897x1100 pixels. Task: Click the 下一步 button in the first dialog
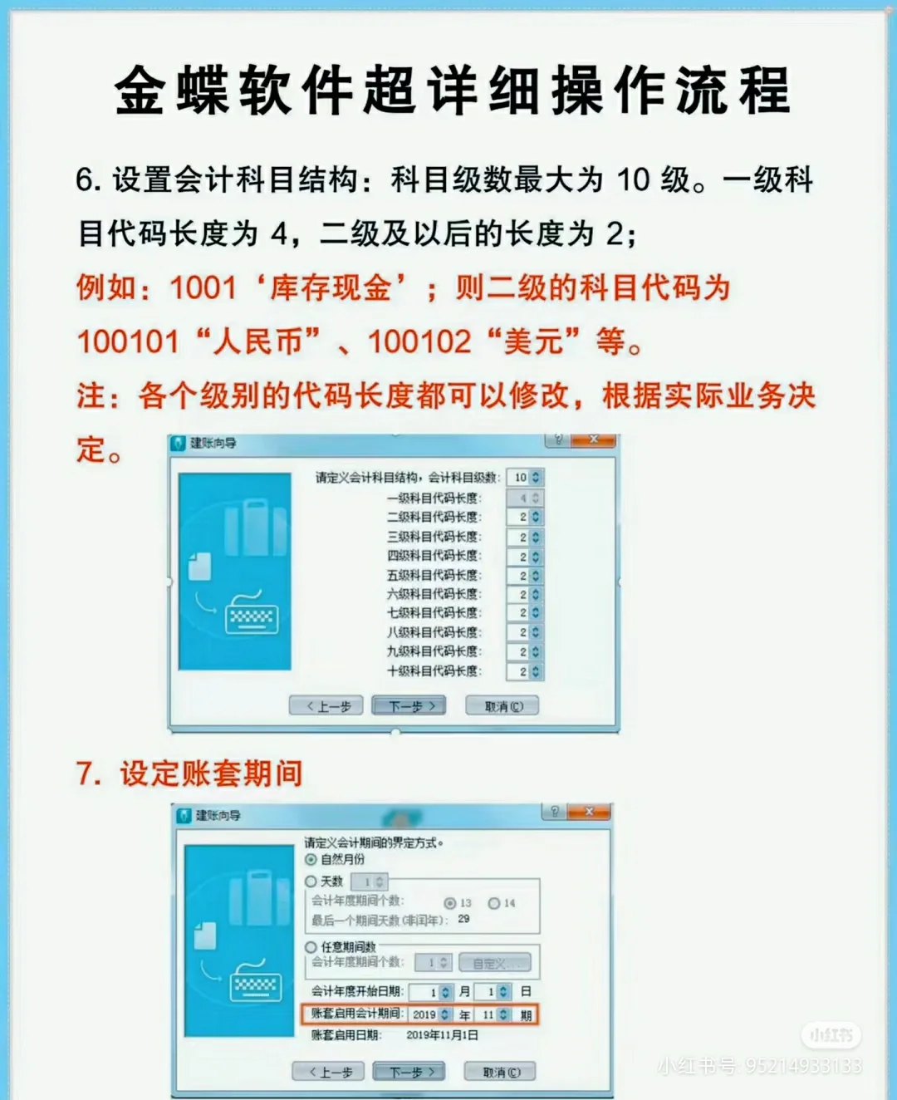[409, 706]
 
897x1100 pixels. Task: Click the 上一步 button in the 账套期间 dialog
[327, 1072]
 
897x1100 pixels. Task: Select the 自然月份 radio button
[311, 860]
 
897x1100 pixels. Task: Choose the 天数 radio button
[311, 881]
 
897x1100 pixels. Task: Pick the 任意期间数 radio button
[311, 947]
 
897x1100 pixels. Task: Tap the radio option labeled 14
[494, 903]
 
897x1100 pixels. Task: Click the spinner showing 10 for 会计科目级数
[526, 478]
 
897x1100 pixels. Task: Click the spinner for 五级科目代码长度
[529, 575]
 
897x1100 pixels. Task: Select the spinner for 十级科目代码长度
[529, 671]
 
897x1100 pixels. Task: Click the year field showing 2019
[430, 1014]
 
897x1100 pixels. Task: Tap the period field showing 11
[493, 1014]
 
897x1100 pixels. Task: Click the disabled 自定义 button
[494, 963]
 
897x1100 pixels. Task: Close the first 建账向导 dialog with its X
[594, 440]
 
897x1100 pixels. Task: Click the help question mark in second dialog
[555, 812]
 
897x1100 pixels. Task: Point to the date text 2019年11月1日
[442, 1035]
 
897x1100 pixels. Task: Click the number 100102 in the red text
[419, 341]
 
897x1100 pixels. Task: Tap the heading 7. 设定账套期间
[189, 773]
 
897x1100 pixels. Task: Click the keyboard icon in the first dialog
[251, 615]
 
